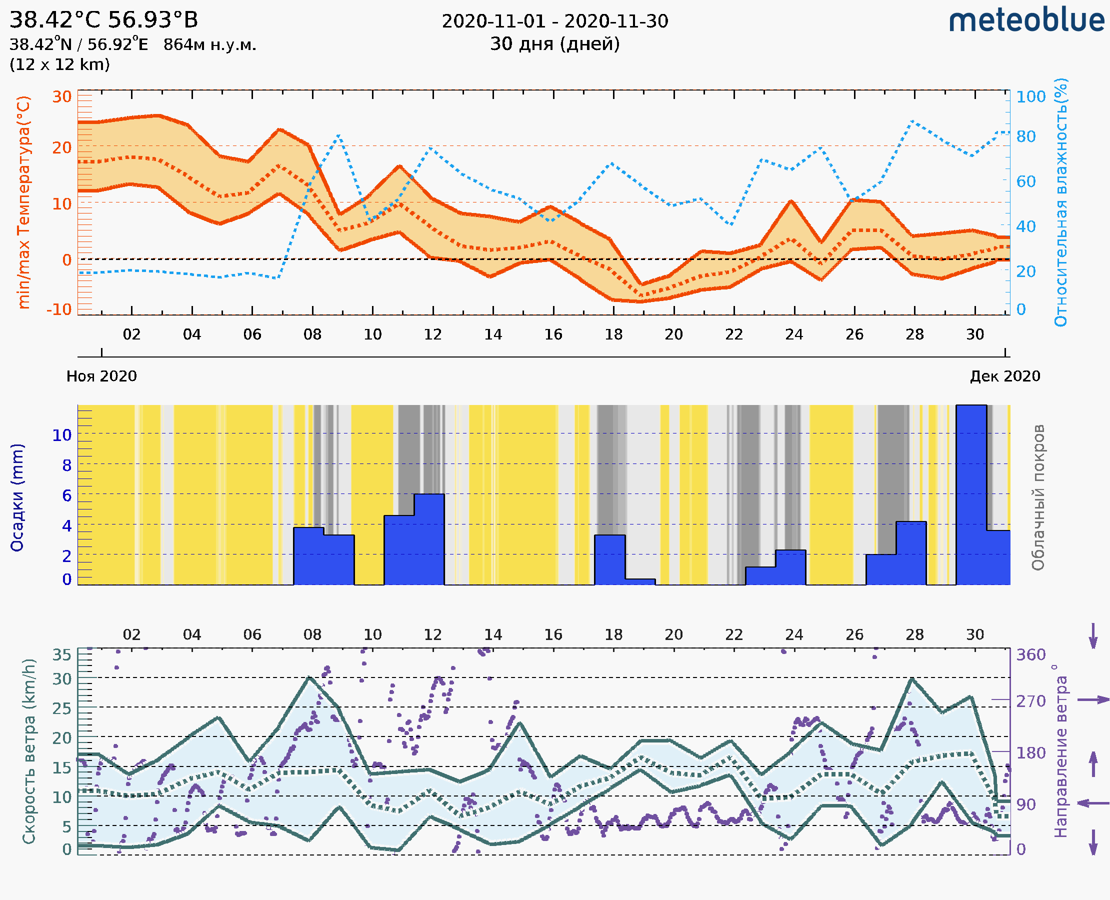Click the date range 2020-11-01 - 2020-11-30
pyautogui.click(x=554, y=21)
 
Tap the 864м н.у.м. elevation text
pyautogui.click(x=209, y=45)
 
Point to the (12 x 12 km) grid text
pyautogui.click(x=59, y=65)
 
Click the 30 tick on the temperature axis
pyautogui.click(x=61, y=97)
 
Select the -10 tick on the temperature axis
pyautogui.click(x=59, y=309)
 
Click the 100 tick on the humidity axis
pyautogui.click(x=1030, y=97)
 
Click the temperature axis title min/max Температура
pyautogui.click(x=23, y=202)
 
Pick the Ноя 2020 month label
pyautogui.click(x=101, y=376)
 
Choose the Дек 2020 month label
pyautogui.click(x=1005, y=376)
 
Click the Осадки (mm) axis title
pyautogui.click(x=17, y=497)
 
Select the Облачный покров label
pyautogui.click(x=1038, y=497)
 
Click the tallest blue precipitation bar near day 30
pyautogui.click(x=971, y=495)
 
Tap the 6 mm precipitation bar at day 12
pyautogui.click(x=429, y=539)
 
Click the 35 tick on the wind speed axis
pyautogui.click(x=61, y=655)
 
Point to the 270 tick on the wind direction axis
pyautogui.click(x=1030, y=701)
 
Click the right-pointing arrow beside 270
pyautogui.click(x=1093, y=700)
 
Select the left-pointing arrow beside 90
pyautogui.click(x=1093, y=803)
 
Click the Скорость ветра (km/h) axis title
pyautogui.click(x=28, y=751)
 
